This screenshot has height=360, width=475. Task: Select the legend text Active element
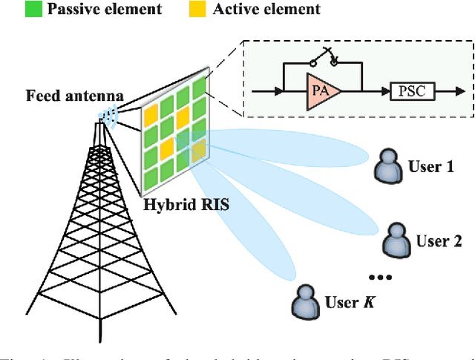click(x=266, y=10)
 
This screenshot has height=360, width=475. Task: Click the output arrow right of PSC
click(x=445, y=91)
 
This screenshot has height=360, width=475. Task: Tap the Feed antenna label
click(x=74, y=96)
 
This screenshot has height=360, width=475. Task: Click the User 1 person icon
click(x=387, y=166)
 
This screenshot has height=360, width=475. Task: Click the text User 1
click(x=430, y=166)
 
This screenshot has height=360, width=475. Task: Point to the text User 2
click(x=438, y=241)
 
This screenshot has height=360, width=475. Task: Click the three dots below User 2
click(x=379, y=277)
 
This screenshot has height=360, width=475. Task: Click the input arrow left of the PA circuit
click(x=265, y=91)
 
